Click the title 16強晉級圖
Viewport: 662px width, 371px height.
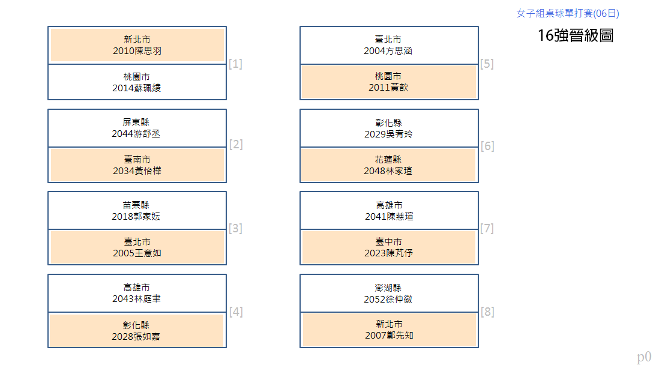coord(576,35)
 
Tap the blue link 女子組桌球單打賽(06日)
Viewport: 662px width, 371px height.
coord(567,13)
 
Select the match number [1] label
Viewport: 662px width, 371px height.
coord(235,64)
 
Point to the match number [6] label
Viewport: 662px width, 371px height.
coord(487,146)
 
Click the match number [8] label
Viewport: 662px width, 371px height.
coord(487,312)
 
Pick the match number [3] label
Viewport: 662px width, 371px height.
coord(235,228)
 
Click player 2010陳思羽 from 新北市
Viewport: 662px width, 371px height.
coord(137,45)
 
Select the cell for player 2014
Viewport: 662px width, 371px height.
coord(137,82)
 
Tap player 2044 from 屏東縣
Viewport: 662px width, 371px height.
coord(137,128)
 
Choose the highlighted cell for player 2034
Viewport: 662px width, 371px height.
coord(137,165)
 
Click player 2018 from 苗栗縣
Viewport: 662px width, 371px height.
coord(137,211)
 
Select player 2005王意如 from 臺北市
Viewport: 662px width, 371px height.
coord(137,247)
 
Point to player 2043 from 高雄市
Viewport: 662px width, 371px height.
coord(137,294)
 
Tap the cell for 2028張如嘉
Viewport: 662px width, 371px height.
coord(136,331)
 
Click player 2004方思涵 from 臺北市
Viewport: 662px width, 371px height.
coord(389,45)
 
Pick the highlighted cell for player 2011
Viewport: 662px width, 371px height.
coord(389,82)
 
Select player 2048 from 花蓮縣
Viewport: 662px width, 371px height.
coord(389,165)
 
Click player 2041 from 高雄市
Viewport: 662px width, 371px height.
coord(389,211)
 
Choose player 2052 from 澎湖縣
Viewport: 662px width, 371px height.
coord(389,294)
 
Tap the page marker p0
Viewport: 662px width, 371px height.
coord(644,357)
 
